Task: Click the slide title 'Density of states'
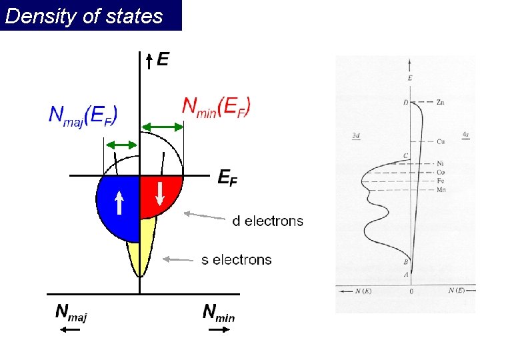pyautogui.click(x=84, y=16)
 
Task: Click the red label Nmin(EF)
pyautogui.click(x=217, y=106)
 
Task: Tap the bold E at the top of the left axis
pyautogui.click(x=163, y=60)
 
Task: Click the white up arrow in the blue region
pyautogui.click(x=118, y=202)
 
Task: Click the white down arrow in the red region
pyautogui.click(x=161, y=192)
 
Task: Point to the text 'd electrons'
pyautogui.click(x=267, y=221)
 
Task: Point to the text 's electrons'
pyautogui.click(x=237, y=259)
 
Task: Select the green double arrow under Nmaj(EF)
pyautogui.click(x=121, y=145)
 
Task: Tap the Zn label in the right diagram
pyautogui.click(x=441, y=103)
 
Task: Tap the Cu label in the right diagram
pyautogui.click(x=441, y=141)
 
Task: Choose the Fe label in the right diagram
pyautogui.click(x=441, y=181)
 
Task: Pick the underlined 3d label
pyautogui.click(x=356, y=136)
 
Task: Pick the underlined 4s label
pyautogui.click(x=465, y=135)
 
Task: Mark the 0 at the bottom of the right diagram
pyautogui.click(x=411, y=292)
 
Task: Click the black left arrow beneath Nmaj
pyautogui.click(x=70, y=329)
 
